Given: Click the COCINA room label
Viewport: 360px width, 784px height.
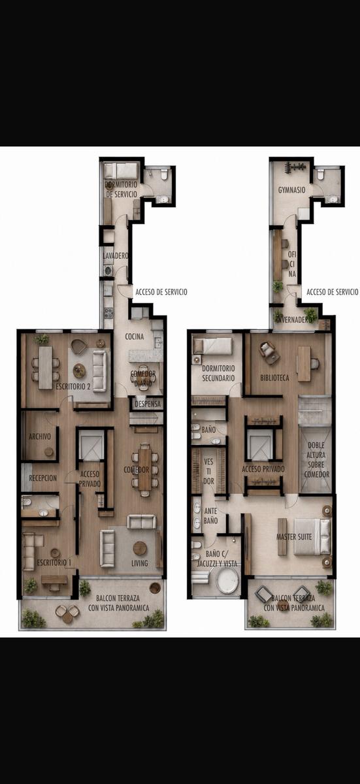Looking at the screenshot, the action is [135, 336].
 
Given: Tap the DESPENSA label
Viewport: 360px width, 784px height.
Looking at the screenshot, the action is [148, 404].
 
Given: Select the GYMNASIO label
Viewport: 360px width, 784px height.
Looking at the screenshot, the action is [292, 190].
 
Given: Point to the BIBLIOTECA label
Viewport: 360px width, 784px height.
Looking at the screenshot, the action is [274, 378].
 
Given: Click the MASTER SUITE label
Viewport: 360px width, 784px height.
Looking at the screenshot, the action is [294, 537].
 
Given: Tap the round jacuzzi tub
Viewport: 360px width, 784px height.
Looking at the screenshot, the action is [227, 580].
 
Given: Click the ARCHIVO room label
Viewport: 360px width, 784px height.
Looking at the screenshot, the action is [40, 436].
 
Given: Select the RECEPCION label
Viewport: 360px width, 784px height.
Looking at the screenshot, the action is [42, 478].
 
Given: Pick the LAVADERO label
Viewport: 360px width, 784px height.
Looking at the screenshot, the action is [116, 256].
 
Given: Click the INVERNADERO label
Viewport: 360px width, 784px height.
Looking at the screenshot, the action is [293, 320].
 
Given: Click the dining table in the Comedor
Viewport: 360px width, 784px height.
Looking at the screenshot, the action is [144, 470].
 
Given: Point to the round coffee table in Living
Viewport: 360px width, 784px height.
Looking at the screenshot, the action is [140, 548].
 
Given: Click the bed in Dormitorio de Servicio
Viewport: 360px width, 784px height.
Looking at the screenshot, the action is [121, 171].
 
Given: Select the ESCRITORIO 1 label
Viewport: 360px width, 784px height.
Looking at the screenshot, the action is [54, 563].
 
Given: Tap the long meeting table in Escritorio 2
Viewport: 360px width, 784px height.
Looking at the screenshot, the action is [45, 367].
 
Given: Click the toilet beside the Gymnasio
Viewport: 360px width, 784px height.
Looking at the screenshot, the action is [321, 174].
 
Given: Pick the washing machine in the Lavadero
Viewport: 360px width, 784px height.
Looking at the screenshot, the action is [108, 270].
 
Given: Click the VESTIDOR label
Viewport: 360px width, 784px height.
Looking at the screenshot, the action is [208, 472].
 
